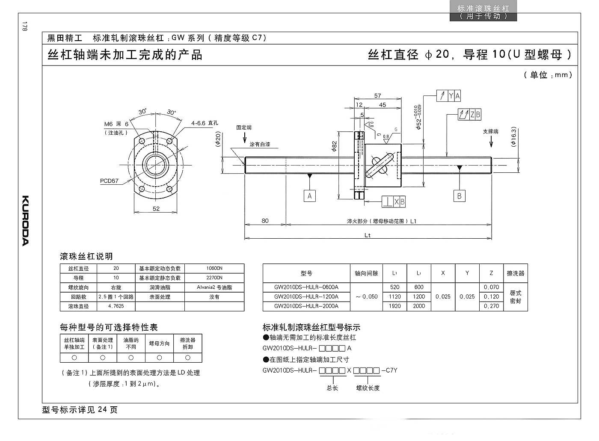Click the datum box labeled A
tap(309, 196)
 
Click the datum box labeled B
tap(459, 196)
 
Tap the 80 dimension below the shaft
tap(265, 221)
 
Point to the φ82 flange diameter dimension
tap(334, 146)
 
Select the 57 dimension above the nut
tap(377, 96)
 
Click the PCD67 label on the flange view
tap(109, 181)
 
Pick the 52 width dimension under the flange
tap(156, 209)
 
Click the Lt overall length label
tap(368, 235)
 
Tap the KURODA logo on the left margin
tap(25, 221)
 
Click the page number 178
tap(25, 27)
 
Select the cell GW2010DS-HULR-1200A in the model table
tap(306, 297)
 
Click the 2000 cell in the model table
tap(419, 306)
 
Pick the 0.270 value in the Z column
tap(491, 306)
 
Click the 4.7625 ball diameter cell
tap(116, 306)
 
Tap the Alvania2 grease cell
tap(214, 287)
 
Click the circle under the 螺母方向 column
tap(159, 358)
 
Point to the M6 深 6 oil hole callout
tap(116, 124)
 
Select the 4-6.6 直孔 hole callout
tap(205, 123)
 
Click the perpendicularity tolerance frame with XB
tap(393, 202)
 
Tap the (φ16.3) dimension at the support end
tap(513, 136)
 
